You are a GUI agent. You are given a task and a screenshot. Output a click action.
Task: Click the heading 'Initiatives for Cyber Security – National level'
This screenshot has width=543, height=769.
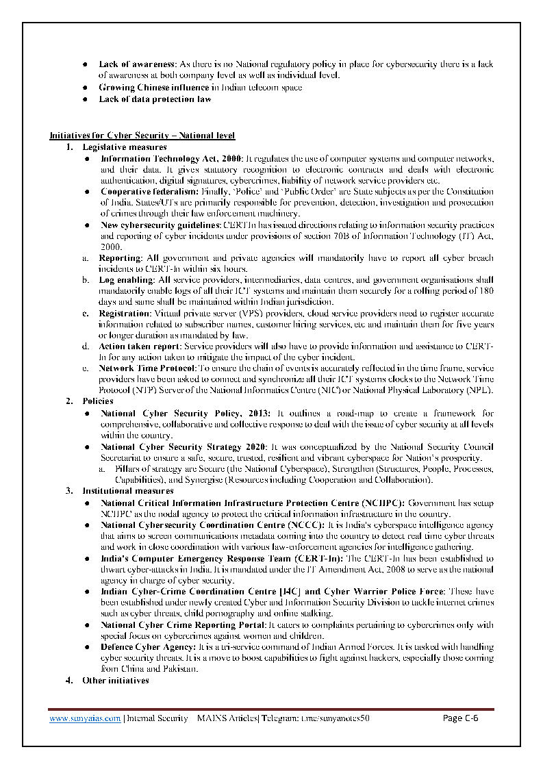[142, 136]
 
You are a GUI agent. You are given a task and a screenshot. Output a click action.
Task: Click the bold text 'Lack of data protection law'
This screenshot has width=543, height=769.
[155, 99]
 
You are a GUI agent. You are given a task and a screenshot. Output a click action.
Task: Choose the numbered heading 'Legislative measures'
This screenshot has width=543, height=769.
[124, 147]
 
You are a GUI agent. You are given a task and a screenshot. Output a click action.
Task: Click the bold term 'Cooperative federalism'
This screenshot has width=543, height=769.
[150, 192]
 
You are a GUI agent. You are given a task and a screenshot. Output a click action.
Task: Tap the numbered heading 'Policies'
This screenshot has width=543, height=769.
[98, 401]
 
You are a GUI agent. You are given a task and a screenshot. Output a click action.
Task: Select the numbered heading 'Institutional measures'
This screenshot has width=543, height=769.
[127, 491]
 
